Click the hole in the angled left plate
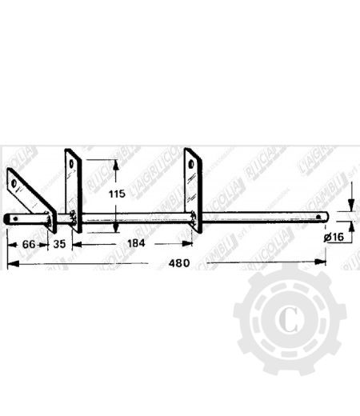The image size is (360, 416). pos(16,182)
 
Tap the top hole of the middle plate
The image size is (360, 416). pos(73,163)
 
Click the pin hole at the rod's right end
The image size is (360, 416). pos(321,216)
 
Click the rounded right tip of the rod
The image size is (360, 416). pos(327,216)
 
